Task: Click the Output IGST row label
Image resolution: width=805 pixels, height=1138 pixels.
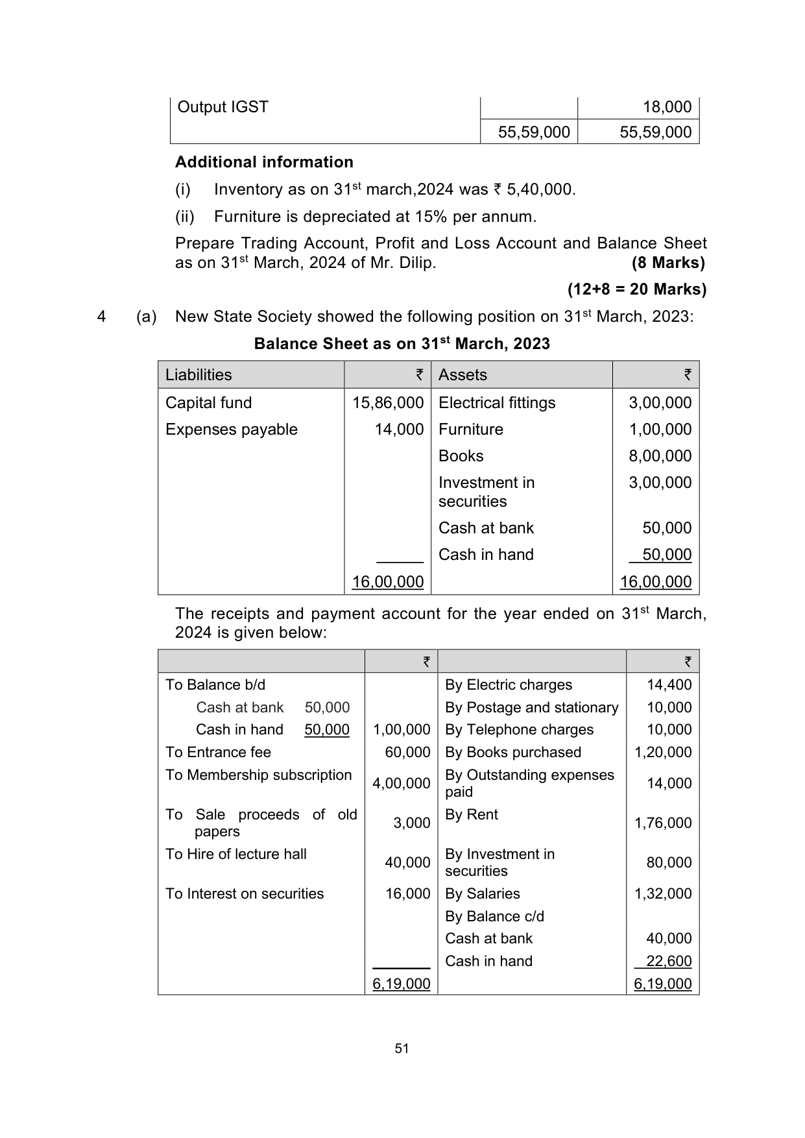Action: pos(222,107)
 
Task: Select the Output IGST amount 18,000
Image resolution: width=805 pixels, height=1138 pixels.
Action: pos(667,107)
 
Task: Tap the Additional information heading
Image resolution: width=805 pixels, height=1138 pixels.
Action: pos(264,162)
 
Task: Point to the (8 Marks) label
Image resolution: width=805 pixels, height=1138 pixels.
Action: pos(668,263)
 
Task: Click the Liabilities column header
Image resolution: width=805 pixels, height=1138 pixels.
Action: pos(198,375)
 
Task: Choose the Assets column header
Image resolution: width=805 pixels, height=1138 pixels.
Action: pos(463,375)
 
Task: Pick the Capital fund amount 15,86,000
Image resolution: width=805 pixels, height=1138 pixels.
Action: pos(388,403)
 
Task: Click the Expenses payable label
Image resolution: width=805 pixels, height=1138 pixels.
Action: pos(232,430)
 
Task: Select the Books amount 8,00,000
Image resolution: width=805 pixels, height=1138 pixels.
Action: pos(660,456)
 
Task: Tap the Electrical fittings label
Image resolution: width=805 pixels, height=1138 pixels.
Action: pos(497,403)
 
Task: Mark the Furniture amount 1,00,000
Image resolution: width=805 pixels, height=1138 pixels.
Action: pos(660,430)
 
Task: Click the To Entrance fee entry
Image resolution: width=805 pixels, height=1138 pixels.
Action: pos(218,753)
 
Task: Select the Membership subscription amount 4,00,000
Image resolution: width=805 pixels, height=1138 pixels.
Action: pos(401,784)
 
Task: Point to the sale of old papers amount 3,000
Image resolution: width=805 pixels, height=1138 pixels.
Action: pos(412,823)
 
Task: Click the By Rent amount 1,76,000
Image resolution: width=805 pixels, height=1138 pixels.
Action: pos(662,823)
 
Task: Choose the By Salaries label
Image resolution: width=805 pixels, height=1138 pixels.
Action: pos(483,894)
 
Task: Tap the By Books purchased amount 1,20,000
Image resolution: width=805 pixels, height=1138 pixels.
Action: pos(662,753)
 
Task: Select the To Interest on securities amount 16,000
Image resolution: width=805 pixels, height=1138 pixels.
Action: pos(407,894)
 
